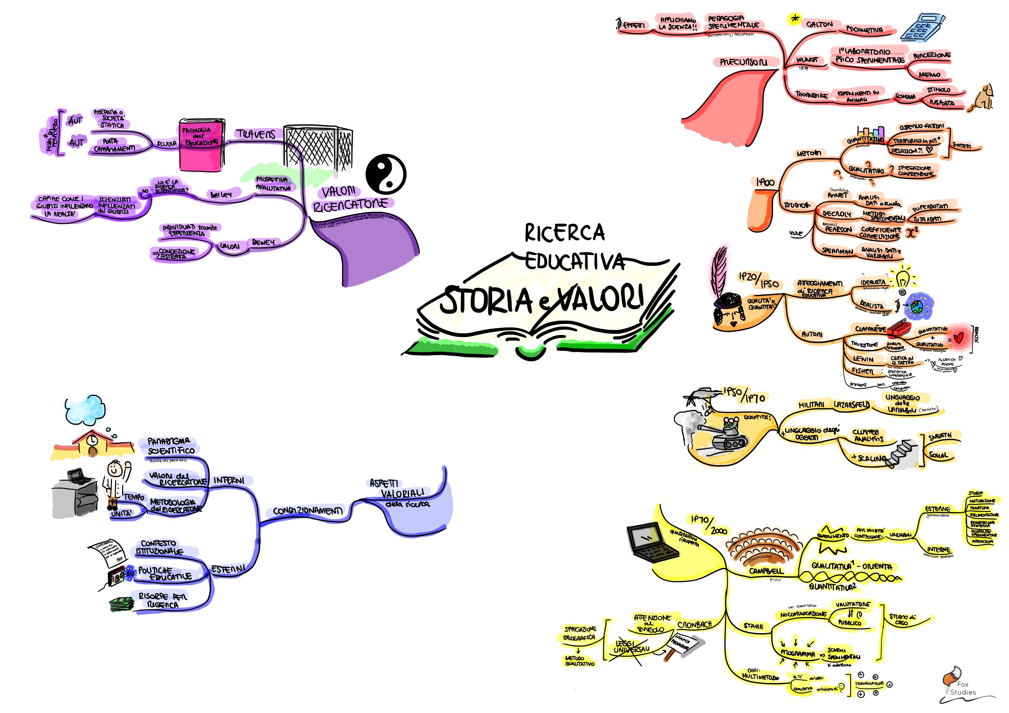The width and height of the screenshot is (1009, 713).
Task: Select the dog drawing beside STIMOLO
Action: pos(983,97)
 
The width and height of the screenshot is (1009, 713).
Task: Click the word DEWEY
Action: pos(263,242)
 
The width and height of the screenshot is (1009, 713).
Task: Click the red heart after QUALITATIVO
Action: pos(959,338)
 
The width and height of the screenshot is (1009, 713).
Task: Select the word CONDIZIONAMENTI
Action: pos(307,511)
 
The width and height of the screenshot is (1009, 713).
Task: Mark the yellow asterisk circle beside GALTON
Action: pos(794,19)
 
